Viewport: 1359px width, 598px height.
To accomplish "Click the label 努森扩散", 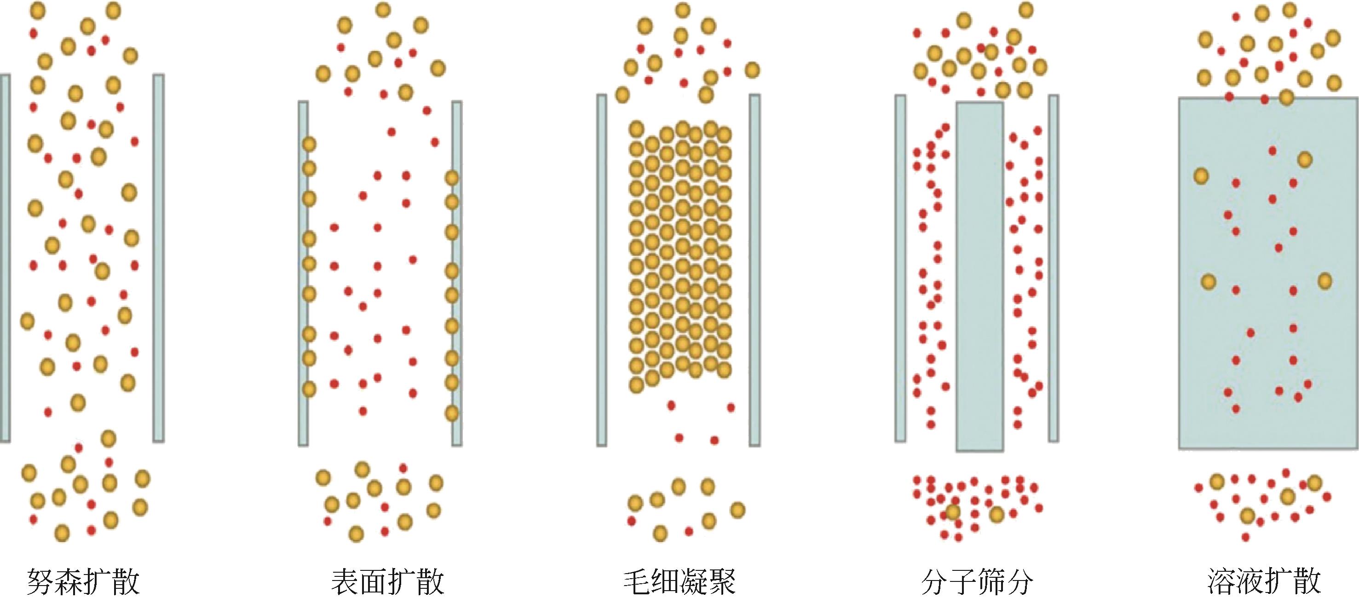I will coord(83,581).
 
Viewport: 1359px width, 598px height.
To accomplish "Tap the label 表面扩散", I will coord(388,581).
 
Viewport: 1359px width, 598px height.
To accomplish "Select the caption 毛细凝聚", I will coord(679,581).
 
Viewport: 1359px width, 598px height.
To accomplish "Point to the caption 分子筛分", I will coord(977,581).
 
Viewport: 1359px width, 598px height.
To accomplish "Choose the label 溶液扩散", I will coord(1264,581).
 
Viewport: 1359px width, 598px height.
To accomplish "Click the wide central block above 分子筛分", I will coord(979,277).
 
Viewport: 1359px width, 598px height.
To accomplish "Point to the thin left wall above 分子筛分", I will coord(900,268).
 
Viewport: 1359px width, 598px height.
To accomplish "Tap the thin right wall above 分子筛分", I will coord(1054,268).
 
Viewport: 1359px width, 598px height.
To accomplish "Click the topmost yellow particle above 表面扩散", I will coord(383,10).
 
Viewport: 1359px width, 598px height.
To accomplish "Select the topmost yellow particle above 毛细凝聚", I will coord(683,10).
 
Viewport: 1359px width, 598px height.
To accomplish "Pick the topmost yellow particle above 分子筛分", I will coord(1025,10).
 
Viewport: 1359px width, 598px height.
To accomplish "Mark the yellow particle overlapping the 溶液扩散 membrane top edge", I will coord(1286,97).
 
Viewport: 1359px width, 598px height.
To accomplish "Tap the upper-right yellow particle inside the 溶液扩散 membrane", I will coord(1305,159).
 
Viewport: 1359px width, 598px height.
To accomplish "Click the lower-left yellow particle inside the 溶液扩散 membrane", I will coord(1209,281).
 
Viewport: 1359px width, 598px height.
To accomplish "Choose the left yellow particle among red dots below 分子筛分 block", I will coord(953,511).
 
